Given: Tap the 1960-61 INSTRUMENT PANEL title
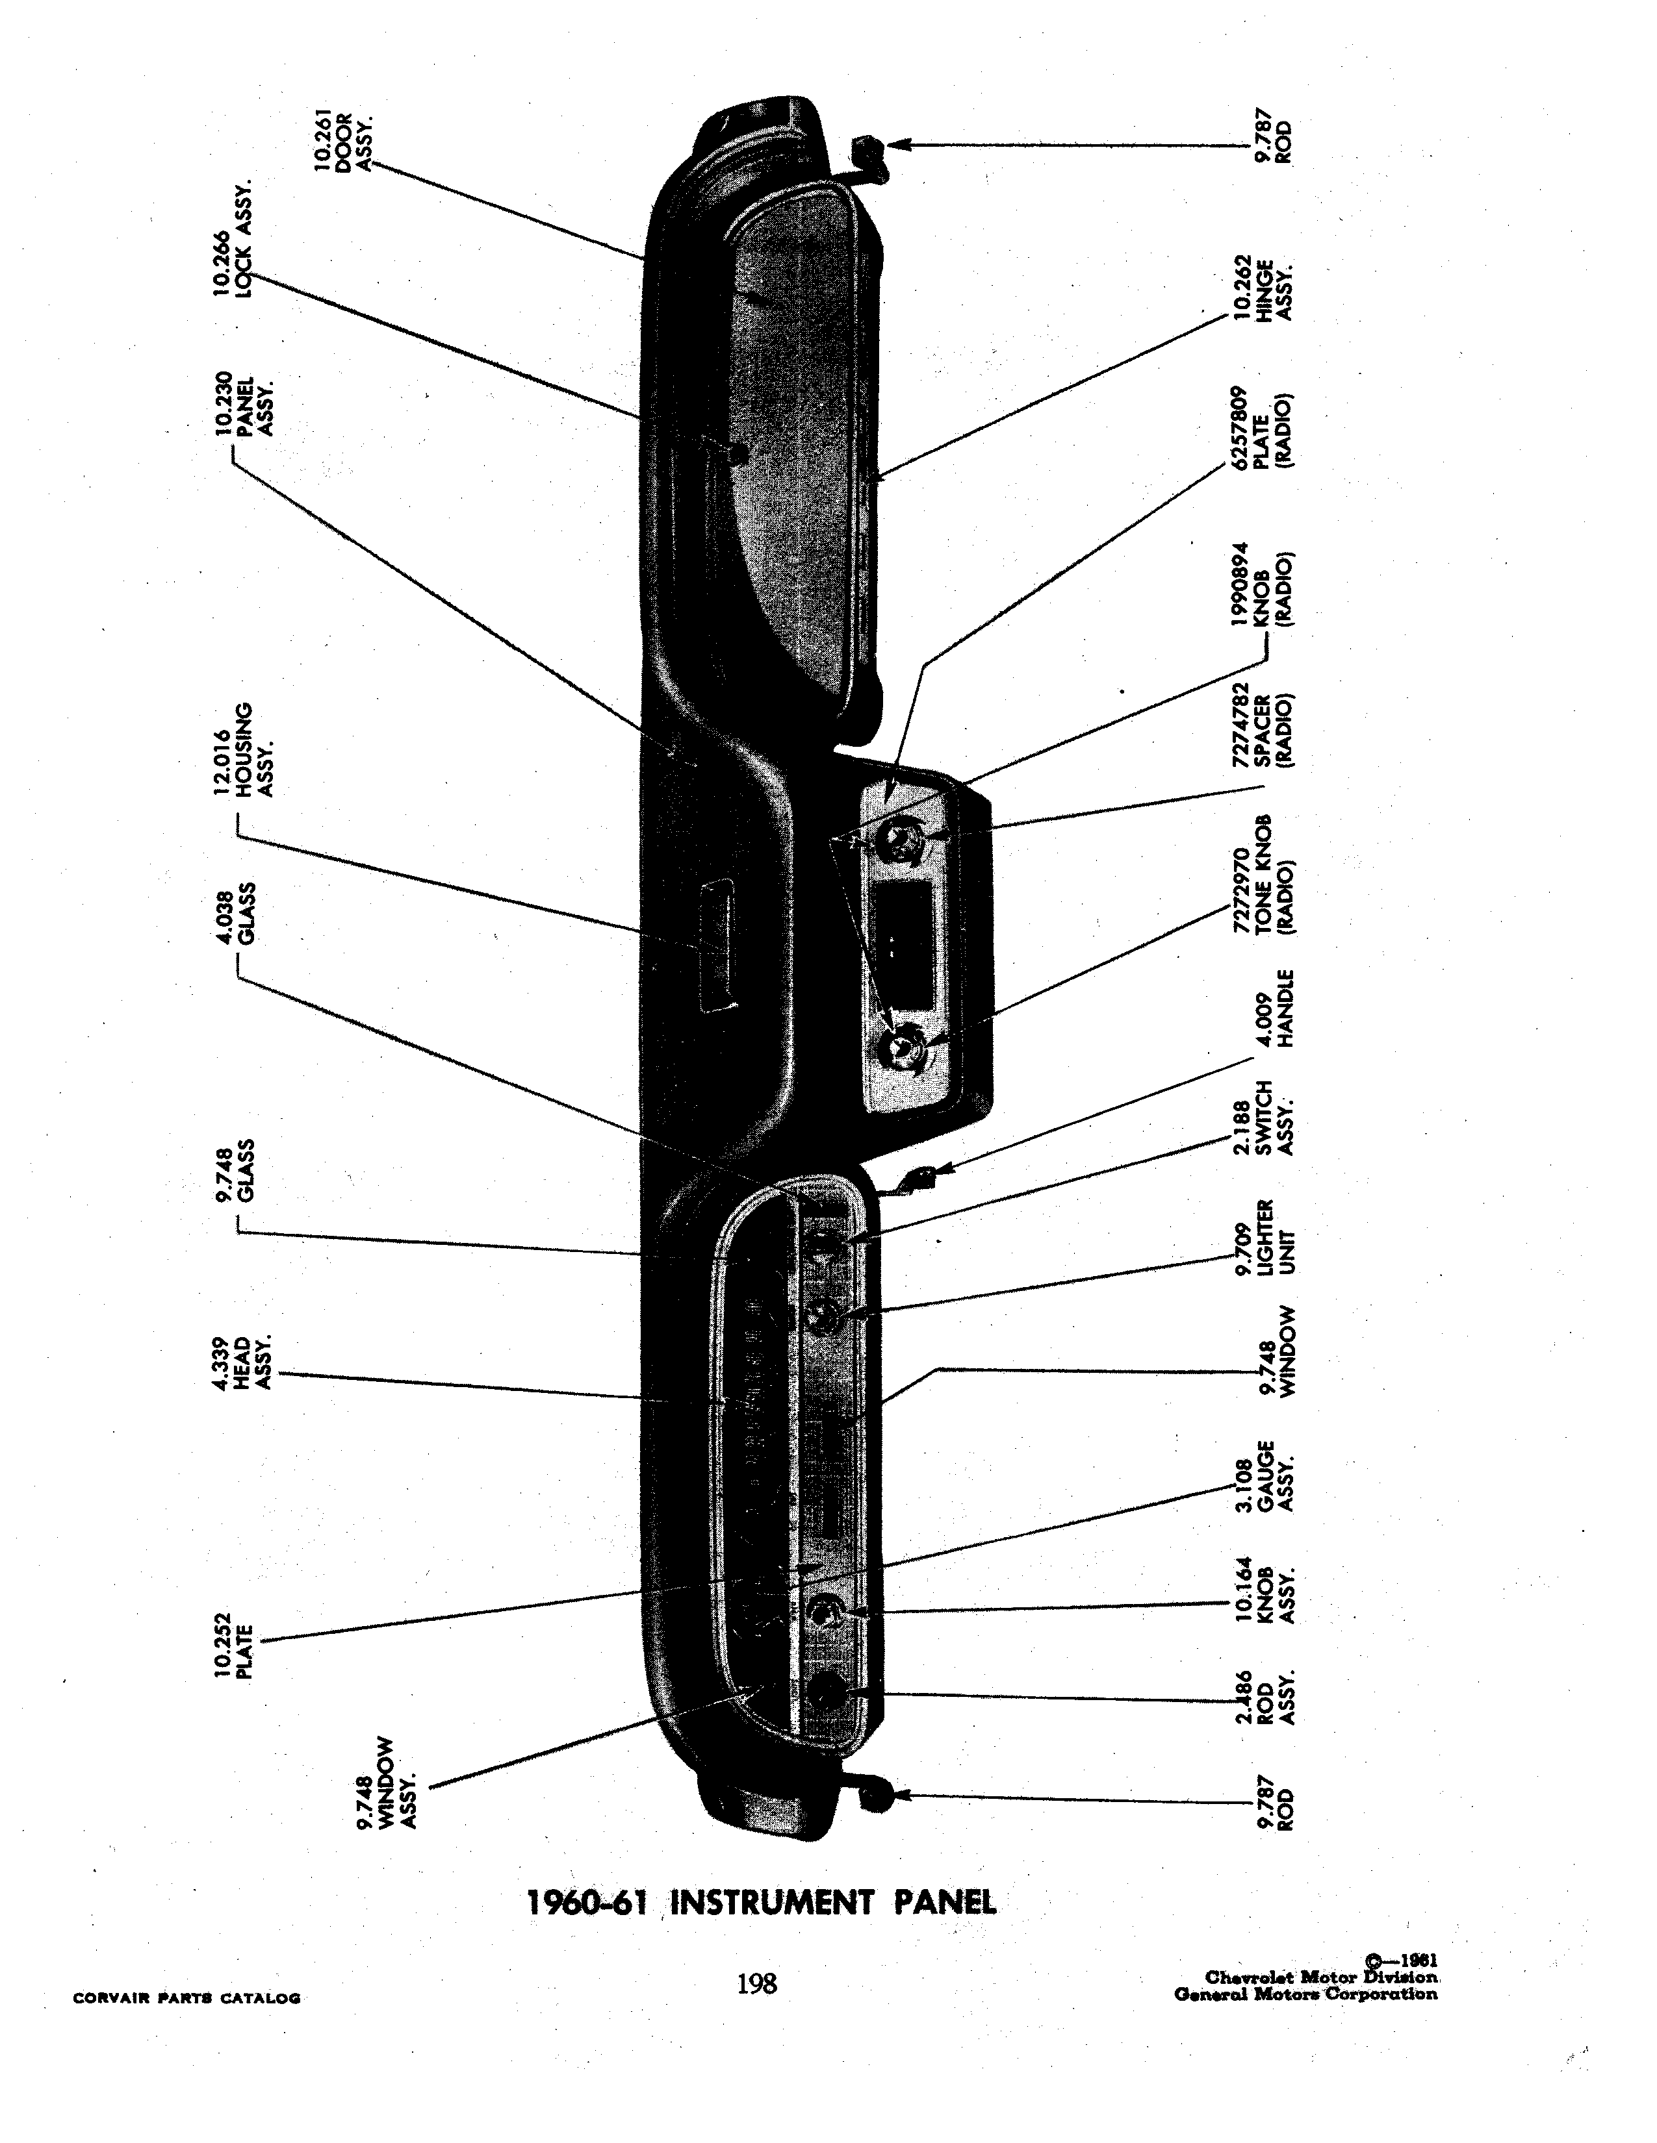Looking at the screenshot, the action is (x=762, y=1903).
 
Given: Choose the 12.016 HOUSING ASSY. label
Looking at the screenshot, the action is (x=244, y=749).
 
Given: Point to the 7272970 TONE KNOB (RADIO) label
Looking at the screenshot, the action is (x=1263, y=875).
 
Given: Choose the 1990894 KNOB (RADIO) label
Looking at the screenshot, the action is (x=1263, y=585).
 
